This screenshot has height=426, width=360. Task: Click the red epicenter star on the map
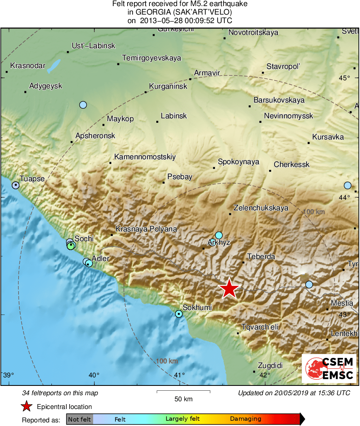[229, 289]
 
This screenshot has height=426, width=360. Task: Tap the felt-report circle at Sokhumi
[179, 314]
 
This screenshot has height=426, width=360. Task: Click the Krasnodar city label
[28, 65]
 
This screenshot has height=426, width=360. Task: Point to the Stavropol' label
[283, 66]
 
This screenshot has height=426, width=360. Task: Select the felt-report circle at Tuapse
[15, 185]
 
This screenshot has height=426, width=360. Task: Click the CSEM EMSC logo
[329, 368]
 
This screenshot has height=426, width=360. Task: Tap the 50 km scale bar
[183, 392]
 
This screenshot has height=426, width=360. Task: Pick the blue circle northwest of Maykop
[83, 105]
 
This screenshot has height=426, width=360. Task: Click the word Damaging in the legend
[245, 419]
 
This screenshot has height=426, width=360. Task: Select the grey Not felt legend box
[79, 419]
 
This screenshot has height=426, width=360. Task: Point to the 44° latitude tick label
[344, 197]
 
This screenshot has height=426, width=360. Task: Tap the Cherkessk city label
[292, 165]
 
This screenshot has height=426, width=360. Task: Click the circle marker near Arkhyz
[219, 235]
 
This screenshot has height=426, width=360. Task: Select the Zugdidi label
[270, 366]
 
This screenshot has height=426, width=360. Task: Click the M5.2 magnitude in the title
[177, 4]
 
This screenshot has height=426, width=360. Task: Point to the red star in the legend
[27, 407]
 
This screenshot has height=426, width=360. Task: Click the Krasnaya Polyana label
[146, 229]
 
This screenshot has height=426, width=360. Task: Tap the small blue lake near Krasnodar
[54, 66]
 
